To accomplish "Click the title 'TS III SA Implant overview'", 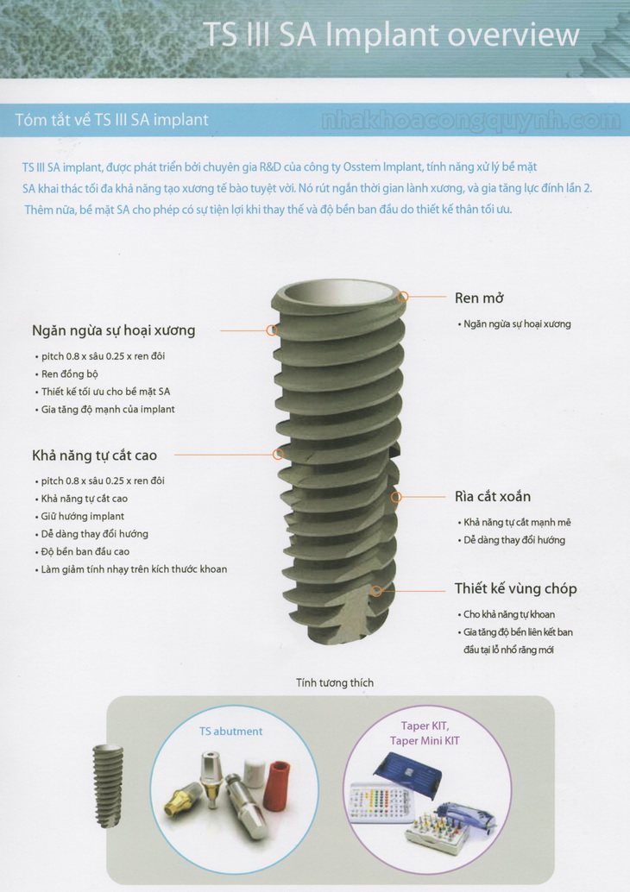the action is (391, 35).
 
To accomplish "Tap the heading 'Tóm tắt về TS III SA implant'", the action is (111, 120).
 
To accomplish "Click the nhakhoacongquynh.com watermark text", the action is (471, 121).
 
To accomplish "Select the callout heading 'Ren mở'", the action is (479, 298).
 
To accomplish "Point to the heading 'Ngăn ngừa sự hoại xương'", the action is (114, 330).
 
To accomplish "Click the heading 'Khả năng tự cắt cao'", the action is (94, 455).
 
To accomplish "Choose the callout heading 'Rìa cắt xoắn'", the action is (493, 497).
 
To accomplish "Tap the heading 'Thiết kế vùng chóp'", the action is (515, 589).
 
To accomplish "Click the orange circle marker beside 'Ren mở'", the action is (403, 297).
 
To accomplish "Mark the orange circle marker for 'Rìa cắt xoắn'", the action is (396, 497).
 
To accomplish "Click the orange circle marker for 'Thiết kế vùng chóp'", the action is (375, 591).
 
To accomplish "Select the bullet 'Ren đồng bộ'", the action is (69, 374).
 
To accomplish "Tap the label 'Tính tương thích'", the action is (335, 682).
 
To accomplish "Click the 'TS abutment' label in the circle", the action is (230, 732).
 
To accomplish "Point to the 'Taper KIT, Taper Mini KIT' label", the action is (425, 733).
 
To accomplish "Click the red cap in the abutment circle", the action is (277, 785).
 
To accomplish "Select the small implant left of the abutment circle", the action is (108, 785).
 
